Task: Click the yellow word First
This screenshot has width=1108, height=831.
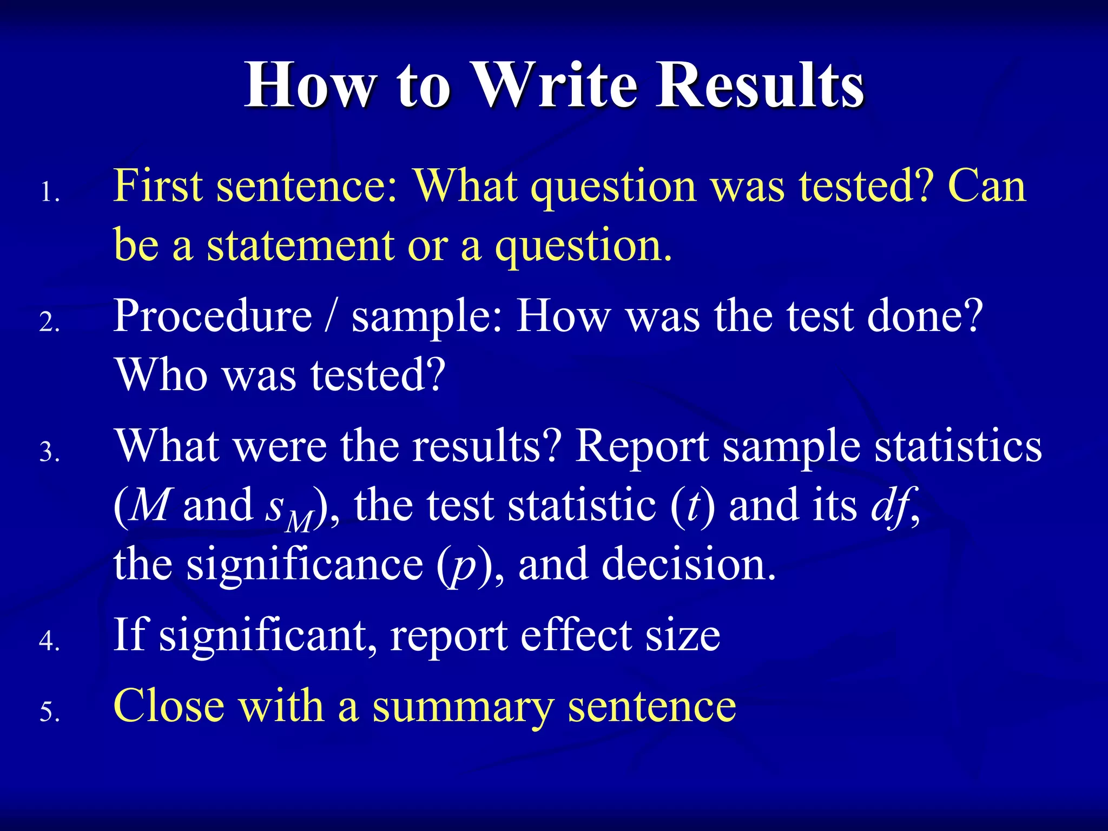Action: click(x=157, y=186)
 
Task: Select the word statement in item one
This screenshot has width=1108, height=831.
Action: click(x=300, y=246)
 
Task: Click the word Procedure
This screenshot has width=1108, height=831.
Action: click(x=213, y=316)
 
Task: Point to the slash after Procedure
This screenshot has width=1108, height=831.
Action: click(x=331, y=316)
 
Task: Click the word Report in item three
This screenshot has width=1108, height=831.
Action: click(x=641, y=447)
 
